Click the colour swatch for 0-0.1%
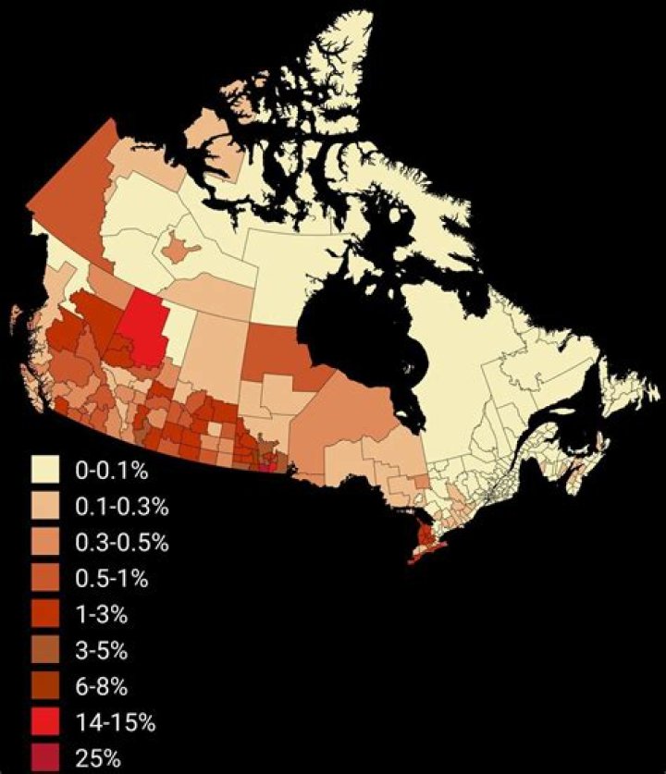pyautogui.click(x=45, y=470)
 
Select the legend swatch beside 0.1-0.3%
pyautogui.click(x=45, y=506)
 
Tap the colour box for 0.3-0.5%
pyautogui.click(x=45, y=542)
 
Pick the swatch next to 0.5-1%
pyautogui.click(x=45, y=578)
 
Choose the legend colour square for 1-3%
pyautogui.click(x=45, y=614)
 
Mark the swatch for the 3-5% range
pyautogui.click(x=45, y=650)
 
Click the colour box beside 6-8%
pyautogui.click(x=45, y=686)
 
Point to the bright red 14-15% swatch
pyautogui.click(x=45, y=722)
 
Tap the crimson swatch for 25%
pyautogui.click(x=45, y=758)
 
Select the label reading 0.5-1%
pyautogui.click(x=109, y=579)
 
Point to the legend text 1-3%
pyautogui.click(x=100, y=615)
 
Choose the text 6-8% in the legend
pyautogui.click(x=100, y=687)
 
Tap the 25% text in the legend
pyautogui.click(x=97, y=759)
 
